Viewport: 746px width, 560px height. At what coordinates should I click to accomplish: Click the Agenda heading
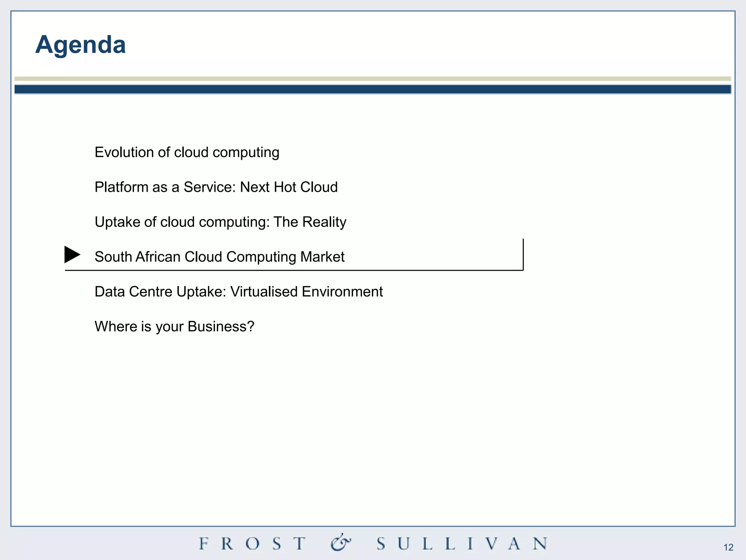click(x=81, y=45)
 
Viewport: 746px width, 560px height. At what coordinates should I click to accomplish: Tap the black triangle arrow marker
click(x=72, y=254)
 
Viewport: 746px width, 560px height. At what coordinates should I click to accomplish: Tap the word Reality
click(x=324, y=222)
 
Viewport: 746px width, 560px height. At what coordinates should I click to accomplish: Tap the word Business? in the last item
click(x=221, y=326)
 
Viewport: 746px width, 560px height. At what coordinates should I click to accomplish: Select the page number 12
click(x=728, y=547)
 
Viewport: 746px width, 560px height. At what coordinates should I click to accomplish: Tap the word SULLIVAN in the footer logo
click(x=462, y=544)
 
